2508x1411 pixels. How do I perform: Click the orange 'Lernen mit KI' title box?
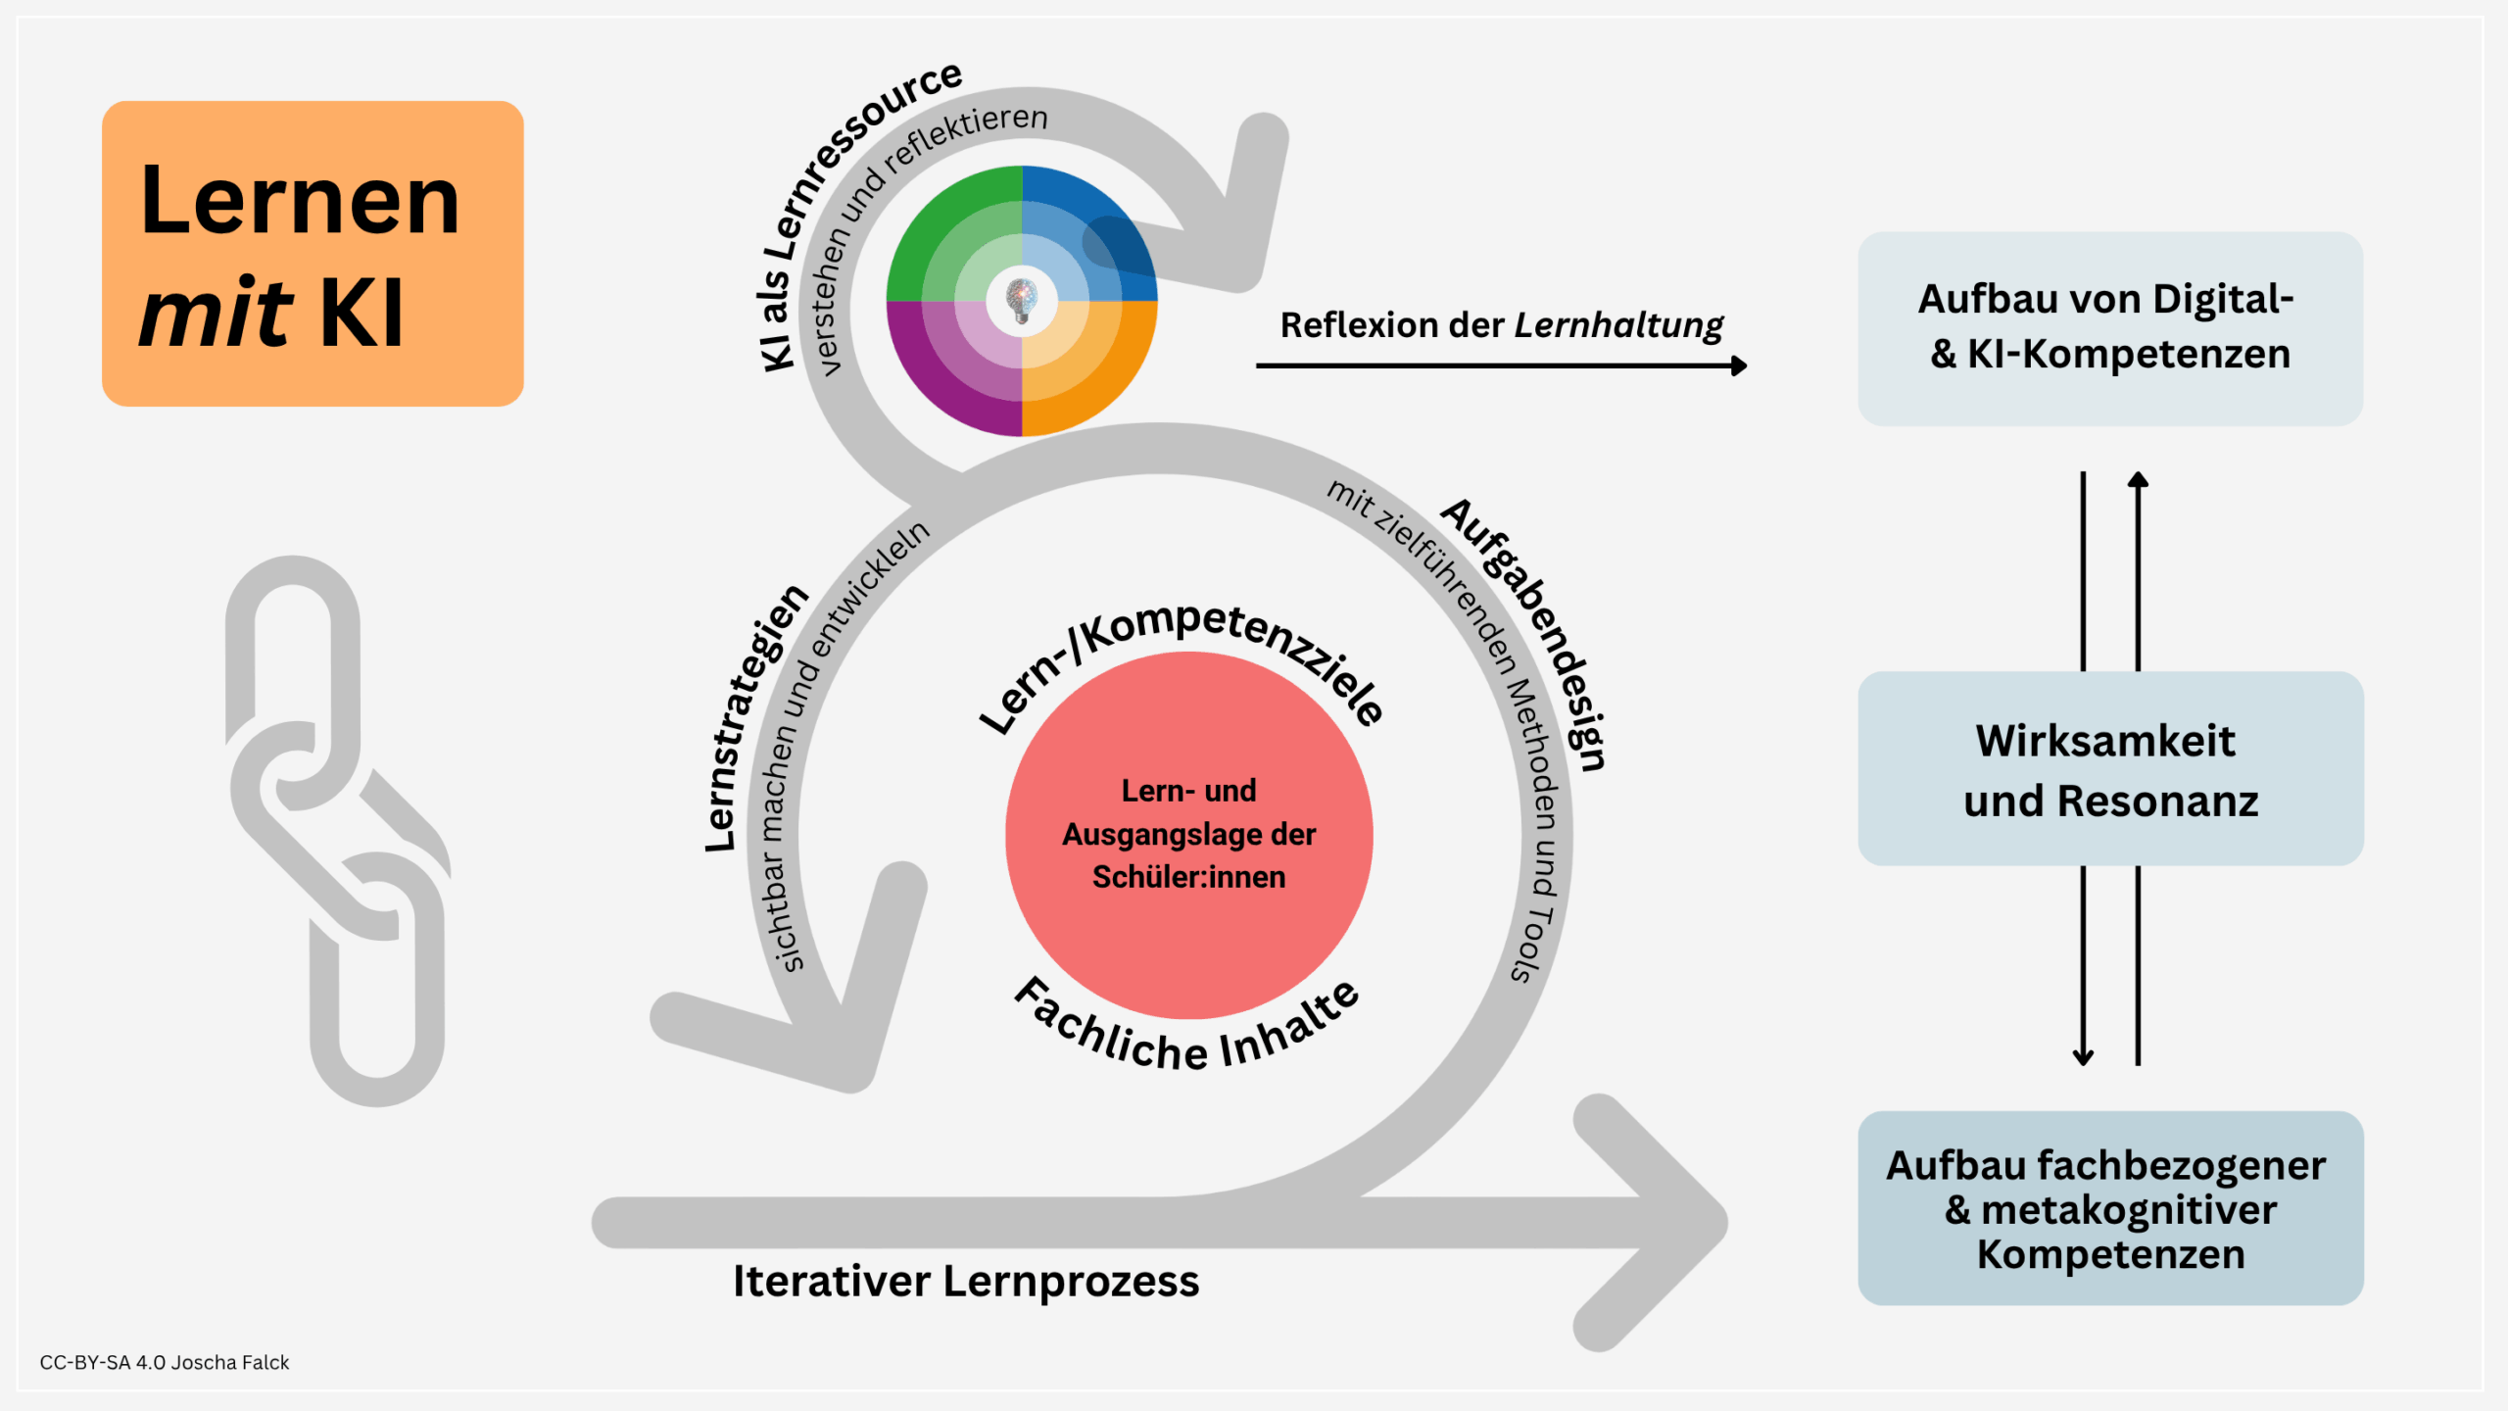313,253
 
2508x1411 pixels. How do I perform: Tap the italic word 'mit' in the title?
216,314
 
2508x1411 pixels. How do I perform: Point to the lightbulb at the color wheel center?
1022,299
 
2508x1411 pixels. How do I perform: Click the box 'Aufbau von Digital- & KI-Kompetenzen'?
2110,328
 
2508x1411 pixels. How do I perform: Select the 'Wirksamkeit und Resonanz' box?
2110,769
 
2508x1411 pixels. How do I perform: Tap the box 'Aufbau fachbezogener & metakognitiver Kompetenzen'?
2110,1208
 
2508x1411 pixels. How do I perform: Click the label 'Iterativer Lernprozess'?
966,1282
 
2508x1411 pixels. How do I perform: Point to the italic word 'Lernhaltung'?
1618,325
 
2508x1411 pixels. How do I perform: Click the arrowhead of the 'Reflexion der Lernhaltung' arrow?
1740,365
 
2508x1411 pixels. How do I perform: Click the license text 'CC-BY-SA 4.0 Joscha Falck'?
165,1363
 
